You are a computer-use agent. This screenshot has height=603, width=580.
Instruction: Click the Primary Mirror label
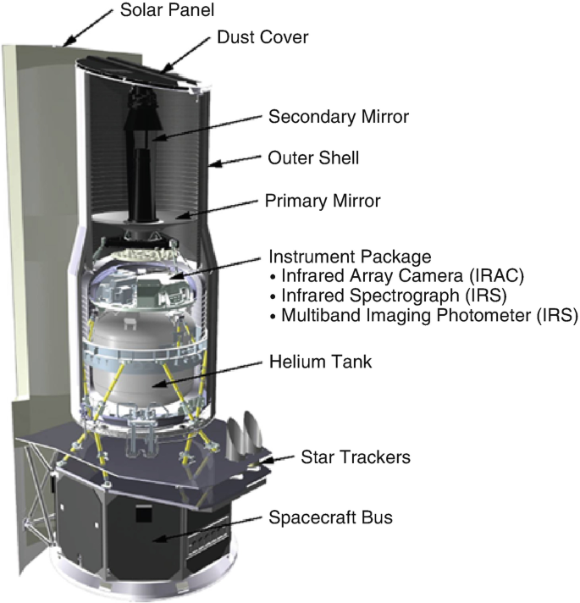323,202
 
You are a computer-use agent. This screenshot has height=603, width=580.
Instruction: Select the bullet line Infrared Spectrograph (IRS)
373,296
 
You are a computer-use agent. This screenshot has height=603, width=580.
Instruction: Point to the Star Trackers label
356,457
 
